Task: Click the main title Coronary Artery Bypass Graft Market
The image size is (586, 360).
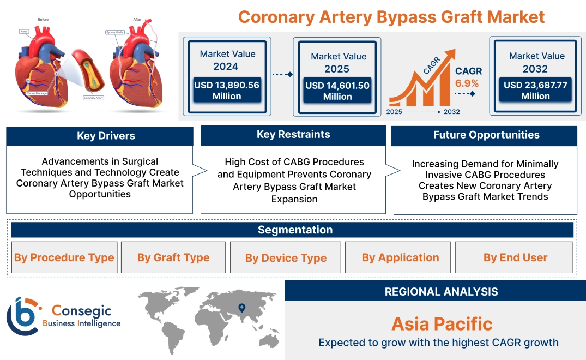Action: pos(391,16)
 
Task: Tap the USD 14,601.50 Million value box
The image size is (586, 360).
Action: pos(337,91)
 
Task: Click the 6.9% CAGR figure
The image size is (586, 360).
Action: pos(467,83)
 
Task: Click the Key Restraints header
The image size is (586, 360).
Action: pos(293,135)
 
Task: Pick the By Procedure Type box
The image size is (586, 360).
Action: pos(64,257)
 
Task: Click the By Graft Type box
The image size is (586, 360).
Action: pos(173,257)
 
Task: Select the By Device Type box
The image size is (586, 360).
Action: pos(286,258)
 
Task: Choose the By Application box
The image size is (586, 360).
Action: pos(400,257)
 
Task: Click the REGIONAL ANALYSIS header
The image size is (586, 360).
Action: pos(441,292)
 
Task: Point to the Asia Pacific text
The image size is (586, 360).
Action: pos(442,324)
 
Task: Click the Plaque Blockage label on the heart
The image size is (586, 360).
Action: pos(37,94)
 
